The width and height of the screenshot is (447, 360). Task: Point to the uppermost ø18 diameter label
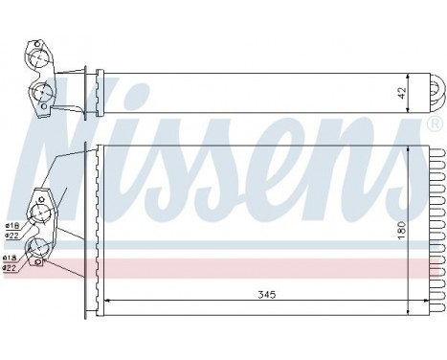[11, 226]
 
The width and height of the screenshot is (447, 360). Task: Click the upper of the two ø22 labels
[11, 235]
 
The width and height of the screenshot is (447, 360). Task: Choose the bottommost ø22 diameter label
[11, 267]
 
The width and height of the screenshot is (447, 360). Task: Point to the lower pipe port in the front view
[38, 250]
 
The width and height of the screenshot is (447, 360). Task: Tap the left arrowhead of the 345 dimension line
[104, 303]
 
